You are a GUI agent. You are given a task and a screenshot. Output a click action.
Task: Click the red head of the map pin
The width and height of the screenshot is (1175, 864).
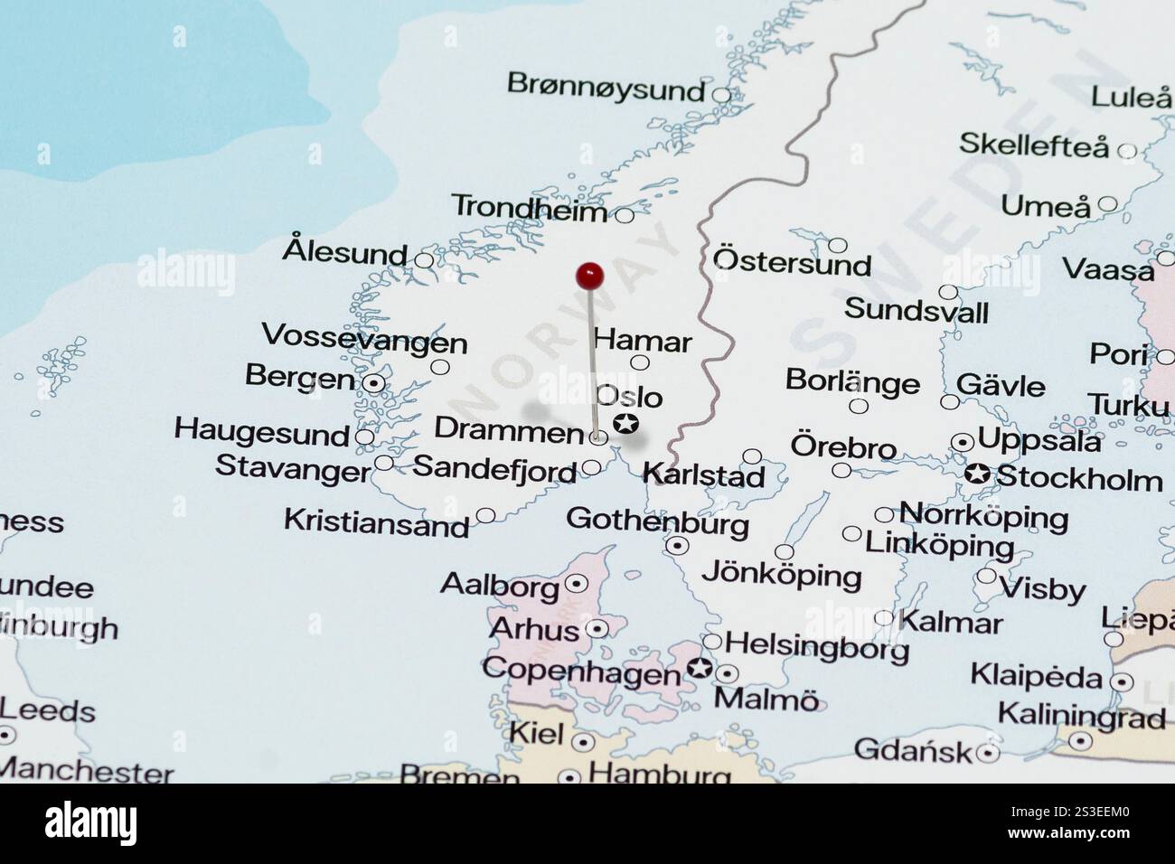pos(589,275)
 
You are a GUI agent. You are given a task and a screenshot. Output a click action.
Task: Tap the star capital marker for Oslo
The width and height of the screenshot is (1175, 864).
pos(625,423)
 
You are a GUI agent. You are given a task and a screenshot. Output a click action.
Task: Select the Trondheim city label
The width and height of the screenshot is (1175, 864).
pos(529,208)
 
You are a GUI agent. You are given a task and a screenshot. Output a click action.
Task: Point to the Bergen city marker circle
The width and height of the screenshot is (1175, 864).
pos(373,383)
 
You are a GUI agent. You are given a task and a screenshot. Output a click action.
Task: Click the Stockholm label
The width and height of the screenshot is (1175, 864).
pos(1078,478)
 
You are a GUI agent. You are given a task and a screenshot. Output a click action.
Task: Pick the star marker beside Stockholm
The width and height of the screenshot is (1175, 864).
pos(976,473)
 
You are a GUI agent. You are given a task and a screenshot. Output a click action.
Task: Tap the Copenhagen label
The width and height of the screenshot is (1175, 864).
pos(581,671)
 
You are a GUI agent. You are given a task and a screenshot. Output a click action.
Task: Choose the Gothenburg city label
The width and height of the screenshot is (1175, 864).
pos(657,521)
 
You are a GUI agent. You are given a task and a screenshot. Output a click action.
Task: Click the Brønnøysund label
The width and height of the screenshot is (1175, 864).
pos(605,87)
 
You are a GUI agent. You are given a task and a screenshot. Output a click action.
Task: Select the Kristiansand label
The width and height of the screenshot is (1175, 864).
pos(376,522)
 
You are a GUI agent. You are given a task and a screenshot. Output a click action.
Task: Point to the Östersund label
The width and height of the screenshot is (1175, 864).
pos(792,262)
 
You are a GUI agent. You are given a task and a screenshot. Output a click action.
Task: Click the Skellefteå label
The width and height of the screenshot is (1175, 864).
pos(1032,145)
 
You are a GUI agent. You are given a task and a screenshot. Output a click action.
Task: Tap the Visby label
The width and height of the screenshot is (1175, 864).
pos(1041,589)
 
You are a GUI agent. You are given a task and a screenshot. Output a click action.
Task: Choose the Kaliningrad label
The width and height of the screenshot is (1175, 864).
pos(1081,717)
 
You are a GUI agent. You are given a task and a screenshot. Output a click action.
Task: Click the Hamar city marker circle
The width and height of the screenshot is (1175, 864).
pos(640,363)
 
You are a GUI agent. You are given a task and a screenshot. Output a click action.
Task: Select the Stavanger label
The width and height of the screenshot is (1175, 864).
pos(292,468)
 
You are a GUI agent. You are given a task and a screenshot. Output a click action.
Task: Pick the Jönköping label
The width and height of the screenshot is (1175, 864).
pos(781,575)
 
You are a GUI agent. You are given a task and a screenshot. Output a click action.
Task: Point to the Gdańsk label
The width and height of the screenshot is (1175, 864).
pos(912,749)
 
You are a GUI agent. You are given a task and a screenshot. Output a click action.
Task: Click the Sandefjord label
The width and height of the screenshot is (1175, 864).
pos(493,468)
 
